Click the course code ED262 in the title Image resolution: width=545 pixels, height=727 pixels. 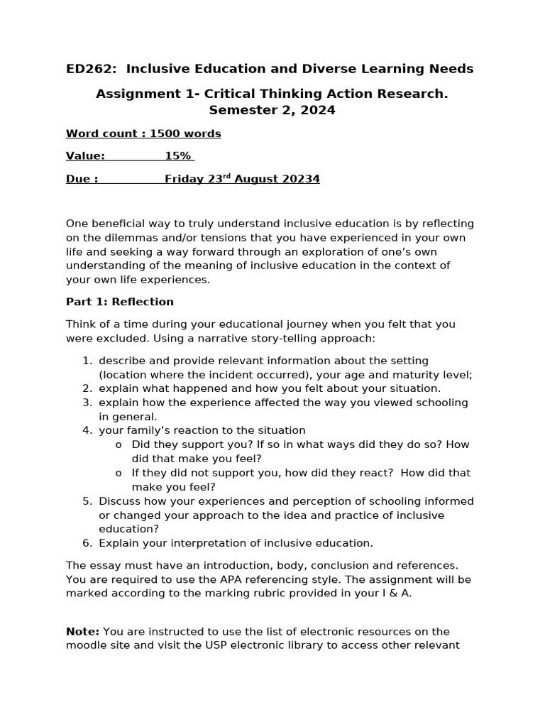(85, 69)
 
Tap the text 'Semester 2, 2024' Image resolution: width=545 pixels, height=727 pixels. (272, 110)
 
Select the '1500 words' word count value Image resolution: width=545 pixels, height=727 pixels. (185, 133)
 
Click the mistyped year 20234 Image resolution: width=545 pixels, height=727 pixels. (297, 179)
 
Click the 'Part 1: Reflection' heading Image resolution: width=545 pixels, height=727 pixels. (119, 302)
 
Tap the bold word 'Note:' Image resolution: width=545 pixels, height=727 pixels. (83, 631)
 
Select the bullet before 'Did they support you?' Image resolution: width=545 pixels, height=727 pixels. (119, 445)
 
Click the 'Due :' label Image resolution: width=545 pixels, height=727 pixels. (82, 179)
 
